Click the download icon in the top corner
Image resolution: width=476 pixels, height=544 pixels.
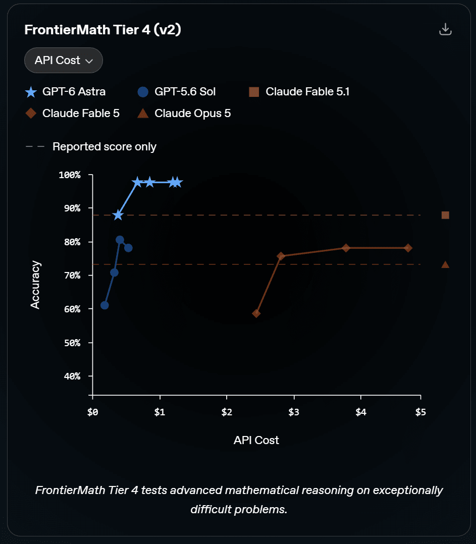coord(445,29)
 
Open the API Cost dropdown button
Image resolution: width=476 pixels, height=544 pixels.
coord(64,61)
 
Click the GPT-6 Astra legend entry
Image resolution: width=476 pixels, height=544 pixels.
coord(65,92)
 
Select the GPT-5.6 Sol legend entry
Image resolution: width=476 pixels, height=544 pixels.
coord(177,92)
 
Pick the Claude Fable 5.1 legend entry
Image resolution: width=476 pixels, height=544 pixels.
coord(299,92)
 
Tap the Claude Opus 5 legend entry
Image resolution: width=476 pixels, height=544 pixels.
coord(184,113)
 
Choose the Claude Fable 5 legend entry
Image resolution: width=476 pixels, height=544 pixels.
coord(72,113)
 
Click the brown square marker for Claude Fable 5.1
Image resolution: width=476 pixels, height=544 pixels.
coord(445,215)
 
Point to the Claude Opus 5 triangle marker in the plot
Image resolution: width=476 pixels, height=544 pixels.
coord(445,265)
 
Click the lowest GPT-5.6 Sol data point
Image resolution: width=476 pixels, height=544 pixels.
coord(104,305)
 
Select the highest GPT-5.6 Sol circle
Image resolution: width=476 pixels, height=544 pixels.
coord(120,240)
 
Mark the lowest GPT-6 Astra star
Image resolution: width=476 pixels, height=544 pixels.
coord(118,215)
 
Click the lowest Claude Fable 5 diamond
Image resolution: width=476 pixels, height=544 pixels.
coord(256,314)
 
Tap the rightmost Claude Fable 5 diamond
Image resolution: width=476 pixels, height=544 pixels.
coord(408,248)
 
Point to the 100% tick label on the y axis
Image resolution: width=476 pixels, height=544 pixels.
coord(70,175)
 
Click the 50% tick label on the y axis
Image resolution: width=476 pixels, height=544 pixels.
coord(72,343)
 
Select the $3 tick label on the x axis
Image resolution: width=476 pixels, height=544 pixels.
coord(294,412)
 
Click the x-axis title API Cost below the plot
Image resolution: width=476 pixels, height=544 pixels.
coord(256,440)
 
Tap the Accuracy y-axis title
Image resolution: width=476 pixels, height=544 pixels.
coord(35,285)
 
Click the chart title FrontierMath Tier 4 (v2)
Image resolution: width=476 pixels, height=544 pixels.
coord(102,30)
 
